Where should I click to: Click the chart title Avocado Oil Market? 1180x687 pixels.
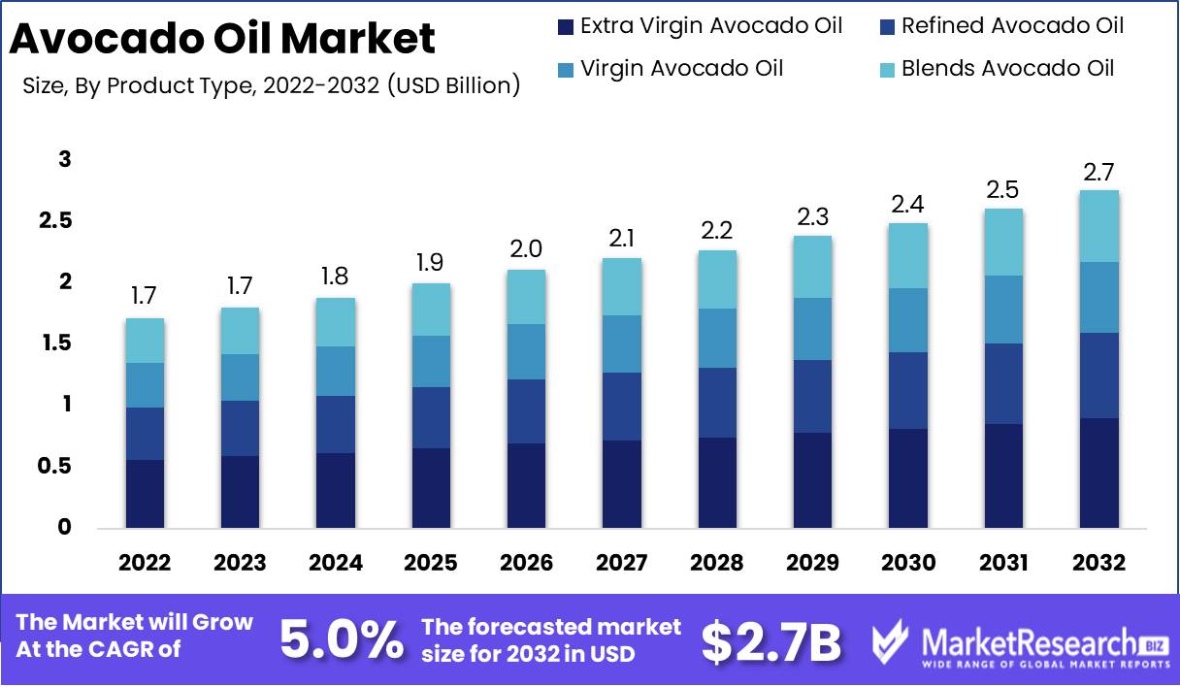[x=222, y=39]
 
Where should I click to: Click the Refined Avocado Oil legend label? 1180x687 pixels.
[x=1012, y=26]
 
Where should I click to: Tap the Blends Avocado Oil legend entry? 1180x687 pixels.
[x=1007, y=68]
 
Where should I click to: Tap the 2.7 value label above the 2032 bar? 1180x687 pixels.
[x=1100, y=173]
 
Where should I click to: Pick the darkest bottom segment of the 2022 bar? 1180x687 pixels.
[x=145, y=493]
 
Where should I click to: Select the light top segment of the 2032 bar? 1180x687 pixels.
[x=1099, y=226]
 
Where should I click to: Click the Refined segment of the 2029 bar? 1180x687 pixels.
[x=811, y=396]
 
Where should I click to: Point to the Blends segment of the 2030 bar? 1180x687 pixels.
[x=908, y=255]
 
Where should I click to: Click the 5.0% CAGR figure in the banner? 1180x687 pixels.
[x=341, y=638]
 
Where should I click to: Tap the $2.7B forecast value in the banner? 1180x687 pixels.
[x=770, y=640]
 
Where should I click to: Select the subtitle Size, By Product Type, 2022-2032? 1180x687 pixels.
[x=271, y=85]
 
